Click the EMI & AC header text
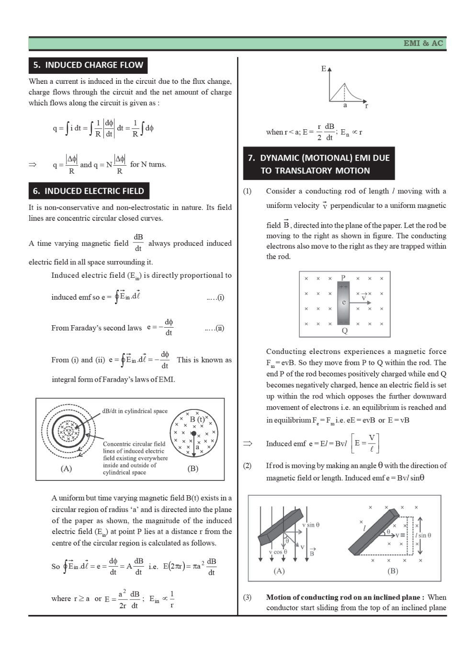(423, 44)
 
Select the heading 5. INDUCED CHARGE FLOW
(88, 65)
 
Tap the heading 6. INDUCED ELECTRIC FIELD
(89, 191)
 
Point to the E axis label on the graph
(324, 69)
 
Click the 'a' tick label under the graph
(345, 105)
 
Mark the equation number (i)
(215, 297)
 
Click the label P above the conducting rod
(343, 278)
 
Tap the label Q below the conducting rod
(344, 331)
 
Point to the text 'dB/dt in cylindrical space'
(135, 411)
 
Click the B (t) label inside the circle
(197, 419)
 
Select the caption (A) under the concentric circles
(66, 468)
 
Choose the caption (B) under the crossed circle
(192, 468)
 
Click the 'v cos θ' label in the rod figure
(278, 552)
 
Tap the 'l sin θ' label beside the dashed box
(423, 535)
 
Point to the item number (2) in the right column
(247, 466)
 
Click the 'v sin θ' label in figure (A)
(310, 525)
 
